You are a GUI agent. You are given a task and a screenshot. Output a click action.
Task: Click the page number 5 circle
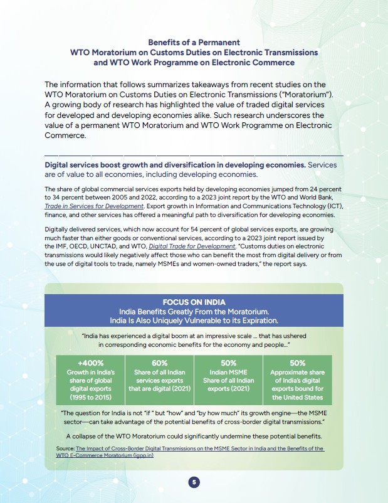pyautogui.click(x=194, y=482)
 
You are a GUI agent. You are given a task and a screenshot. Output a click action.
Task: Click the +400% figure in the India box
pyautogui.click(x=91, y=363)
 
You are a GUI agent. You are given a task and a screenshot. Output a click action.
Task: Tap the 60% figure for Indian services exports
pyautogui.click(x=160, y=363)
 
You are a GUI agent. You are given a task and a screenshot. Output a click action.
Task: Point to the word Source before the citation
pyautogui.click(x=65, y=449)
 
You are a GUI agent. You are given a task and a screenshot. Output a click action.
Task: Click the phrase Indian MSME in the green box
pyautogui.click(x=229, y=372)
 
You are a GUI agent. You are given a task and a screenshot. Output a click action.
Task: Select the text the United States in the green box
pyautogui.click(x=297, y=397)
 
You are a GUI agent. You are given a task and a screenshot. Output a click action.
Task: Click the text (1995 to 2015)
pyautogui.click(x=91, y=397)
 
